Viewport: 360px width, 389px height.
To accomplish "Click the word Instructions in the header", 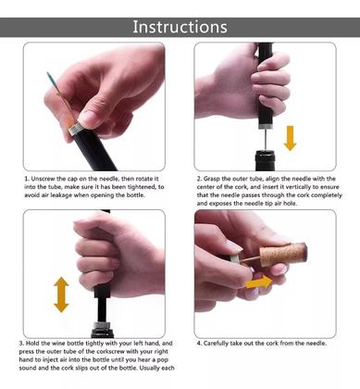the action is point(180,27).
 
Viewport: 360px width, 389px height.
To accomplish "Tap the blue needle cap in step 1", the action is point(50,79).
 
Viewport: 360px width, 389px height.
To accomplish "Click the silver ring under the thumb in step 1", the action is point(76,128).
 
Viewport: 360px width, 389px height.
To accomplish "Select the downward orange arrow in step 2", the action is point(290,138).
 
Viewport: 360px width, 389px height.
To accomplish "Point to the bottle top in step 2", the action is point(265,159).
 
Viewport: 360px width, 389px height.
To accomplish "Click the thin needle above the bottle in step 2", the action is point(265,140).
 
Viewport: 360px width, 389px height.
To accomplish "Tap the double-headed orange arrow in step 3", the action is point(61,295).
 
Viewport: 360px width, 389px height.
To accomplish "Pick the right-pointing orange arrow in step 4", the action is point(259,282).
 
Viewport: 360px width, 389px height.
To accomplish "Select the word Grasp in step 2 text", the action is point(212,179).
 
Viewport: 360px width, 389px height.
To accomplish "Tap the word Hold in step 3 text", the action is point(32,344).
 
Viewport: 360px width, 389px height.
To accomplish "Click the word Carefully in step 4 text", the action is point(216,344).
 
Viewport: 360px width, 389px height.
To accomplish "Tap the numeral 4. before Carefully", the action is point(199,344).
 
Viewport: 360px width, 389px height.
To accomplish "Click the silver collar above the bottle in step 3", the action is point(102,325).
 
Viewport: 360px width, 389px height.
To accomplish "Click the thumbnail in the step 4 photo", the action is point(233,246).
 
